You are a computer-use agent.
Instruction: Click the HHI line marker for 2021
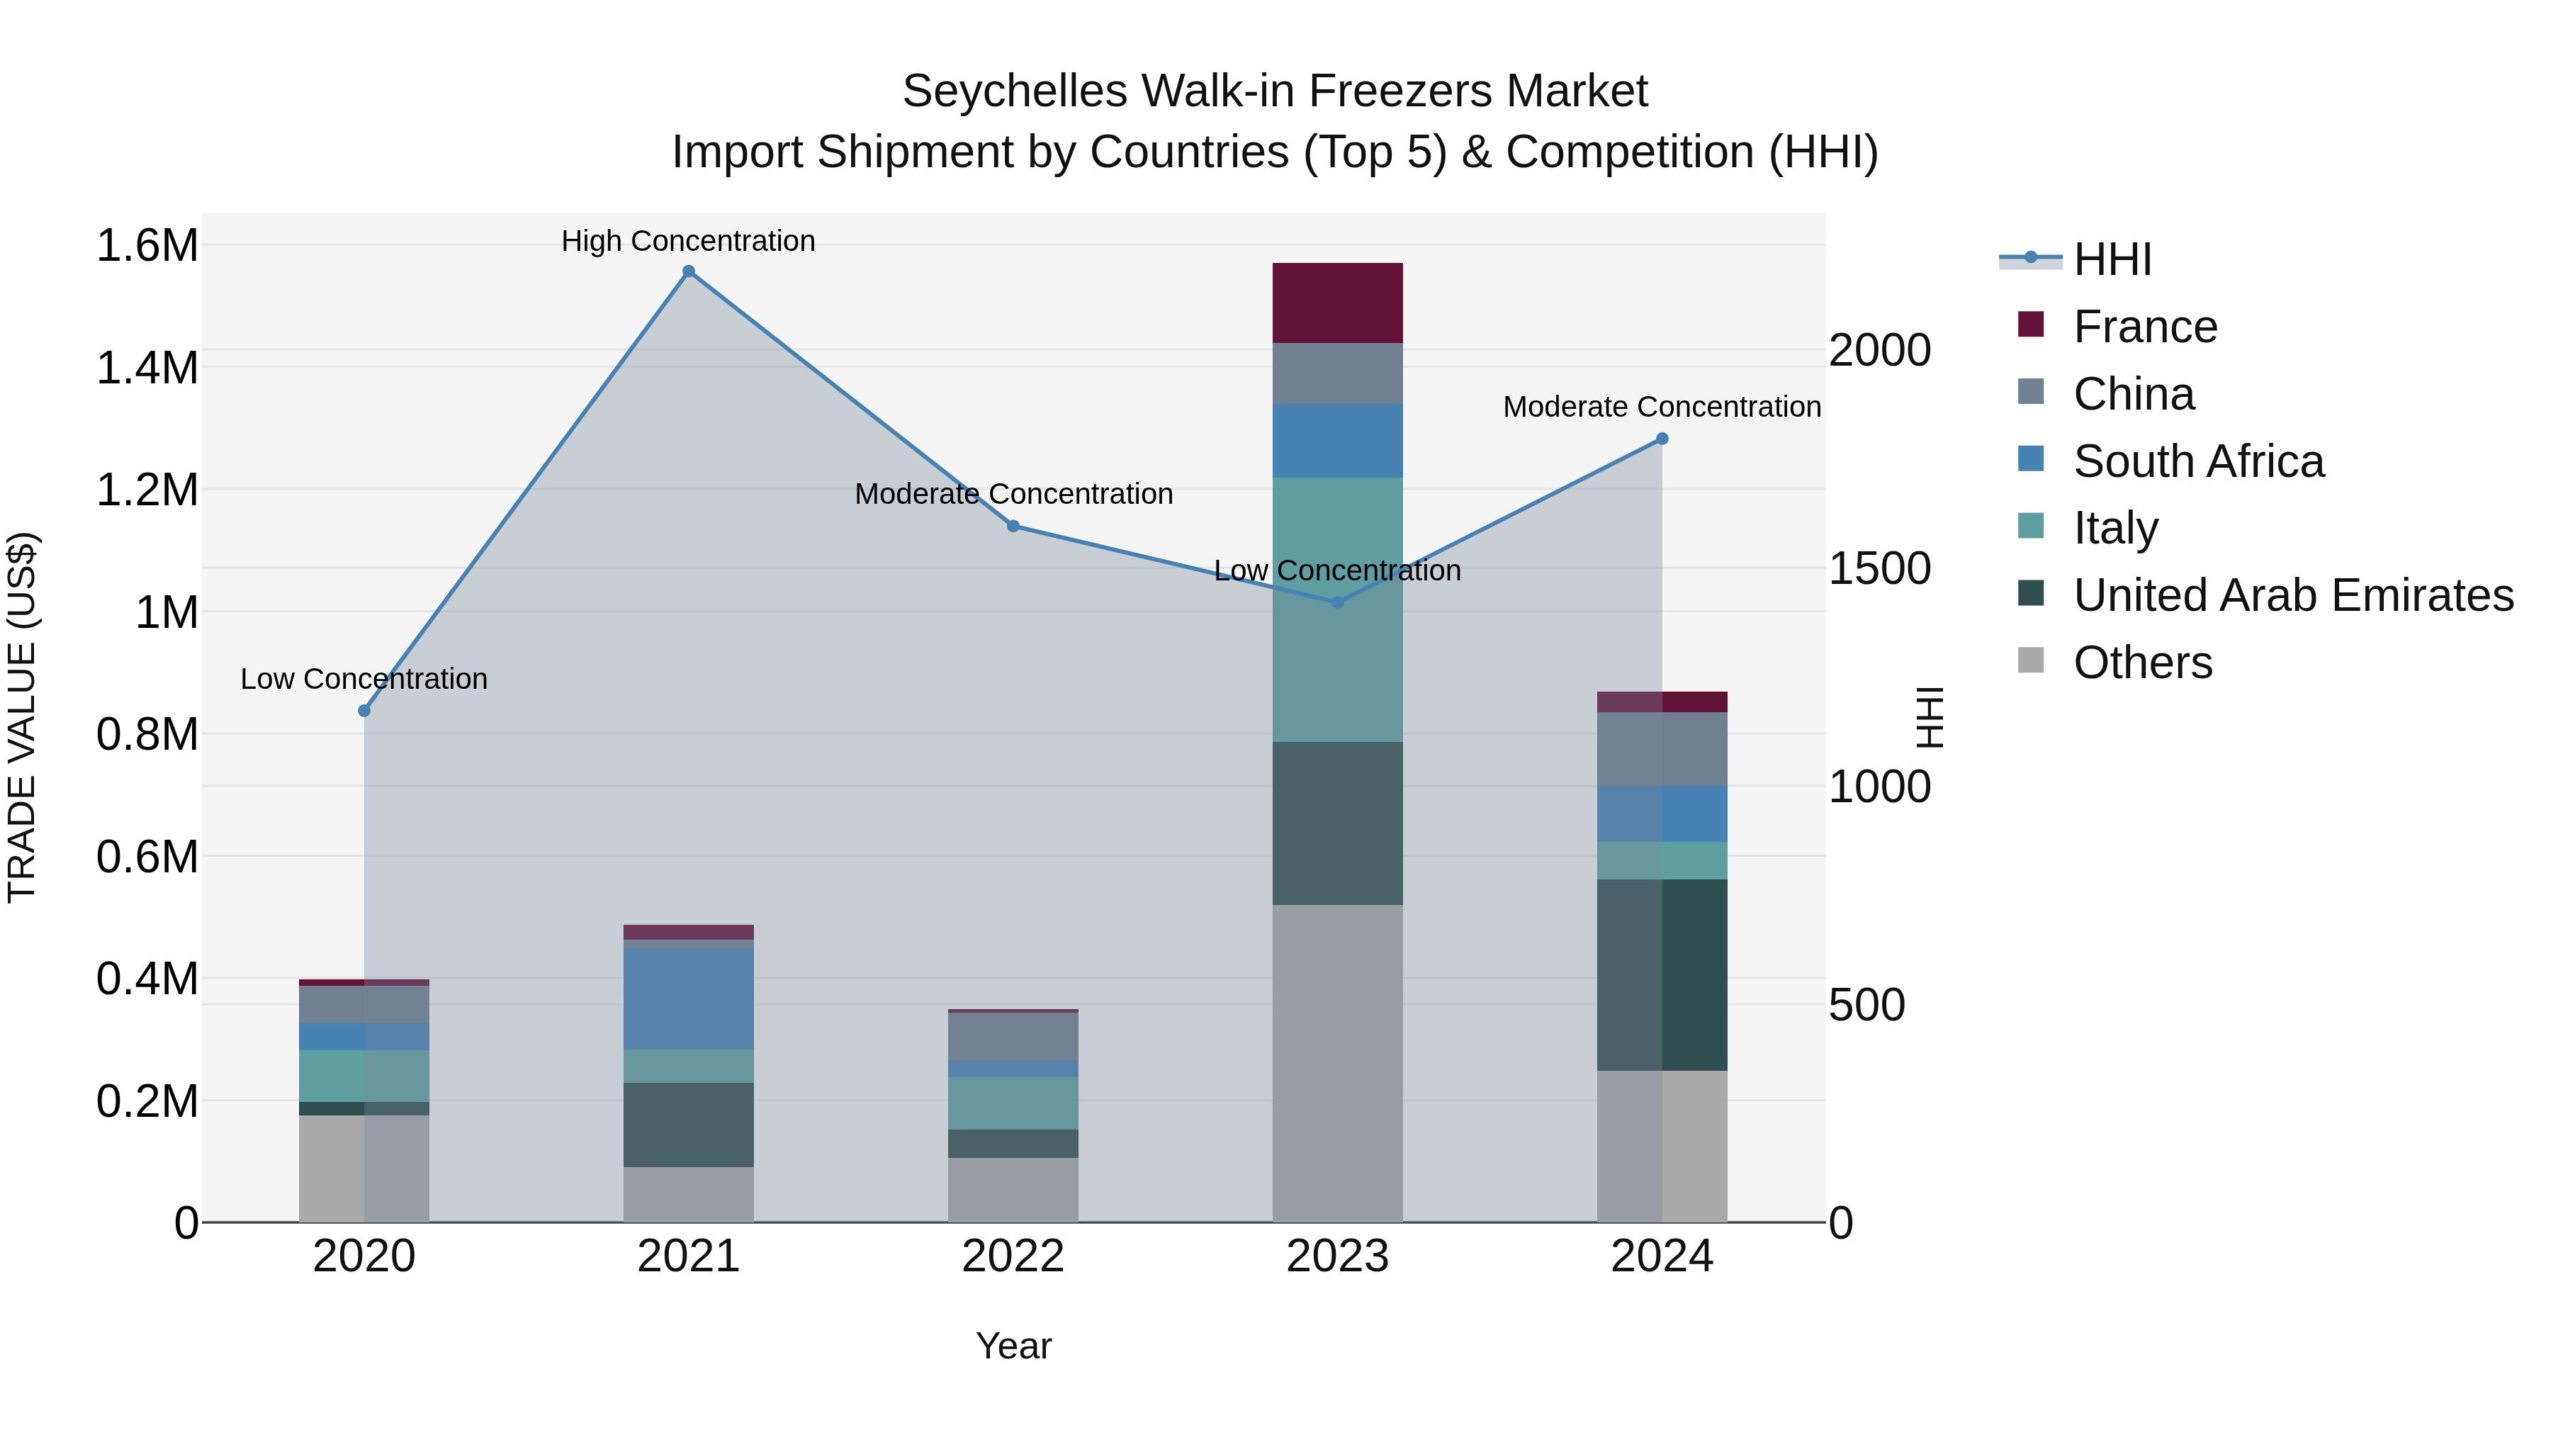(x=688, y=271)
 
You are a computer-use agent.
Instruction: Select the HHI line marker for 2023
(x=1337, y=602)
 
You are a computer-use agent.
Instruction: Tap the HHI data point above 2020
(x=364, y=710)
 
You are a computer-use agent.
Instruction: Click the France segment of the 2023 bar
(x=1337, y=303)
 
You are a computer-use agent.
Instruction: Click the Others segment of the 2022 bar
(x=1012, y=1189)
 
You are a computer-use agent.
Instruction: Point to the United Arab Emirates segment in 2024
(x=1662, y=974)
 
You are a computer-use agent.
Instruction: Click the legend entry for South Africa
(x=2197, y=461)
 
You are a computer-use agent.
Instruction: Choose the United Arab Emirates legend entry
(x=2292, y=596)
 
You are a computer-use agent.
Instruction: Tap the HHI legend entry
(x=2112, y=259)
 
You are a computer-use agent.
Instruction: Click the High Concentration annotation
(x=688, y=241)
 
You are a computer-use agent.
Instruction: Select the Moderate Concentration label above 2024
(x=1661, y=406)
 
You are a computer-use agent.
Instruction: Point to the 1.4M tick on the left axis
(x=147, y=368)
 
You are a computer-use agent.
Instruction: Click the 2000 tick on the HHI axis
(x=1879, y=351)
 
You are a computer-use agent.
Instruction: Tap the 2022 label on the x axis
(x=1012, y=1256)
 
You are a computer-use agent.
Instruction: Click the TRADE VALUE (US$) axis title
(x=22, y=717)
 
